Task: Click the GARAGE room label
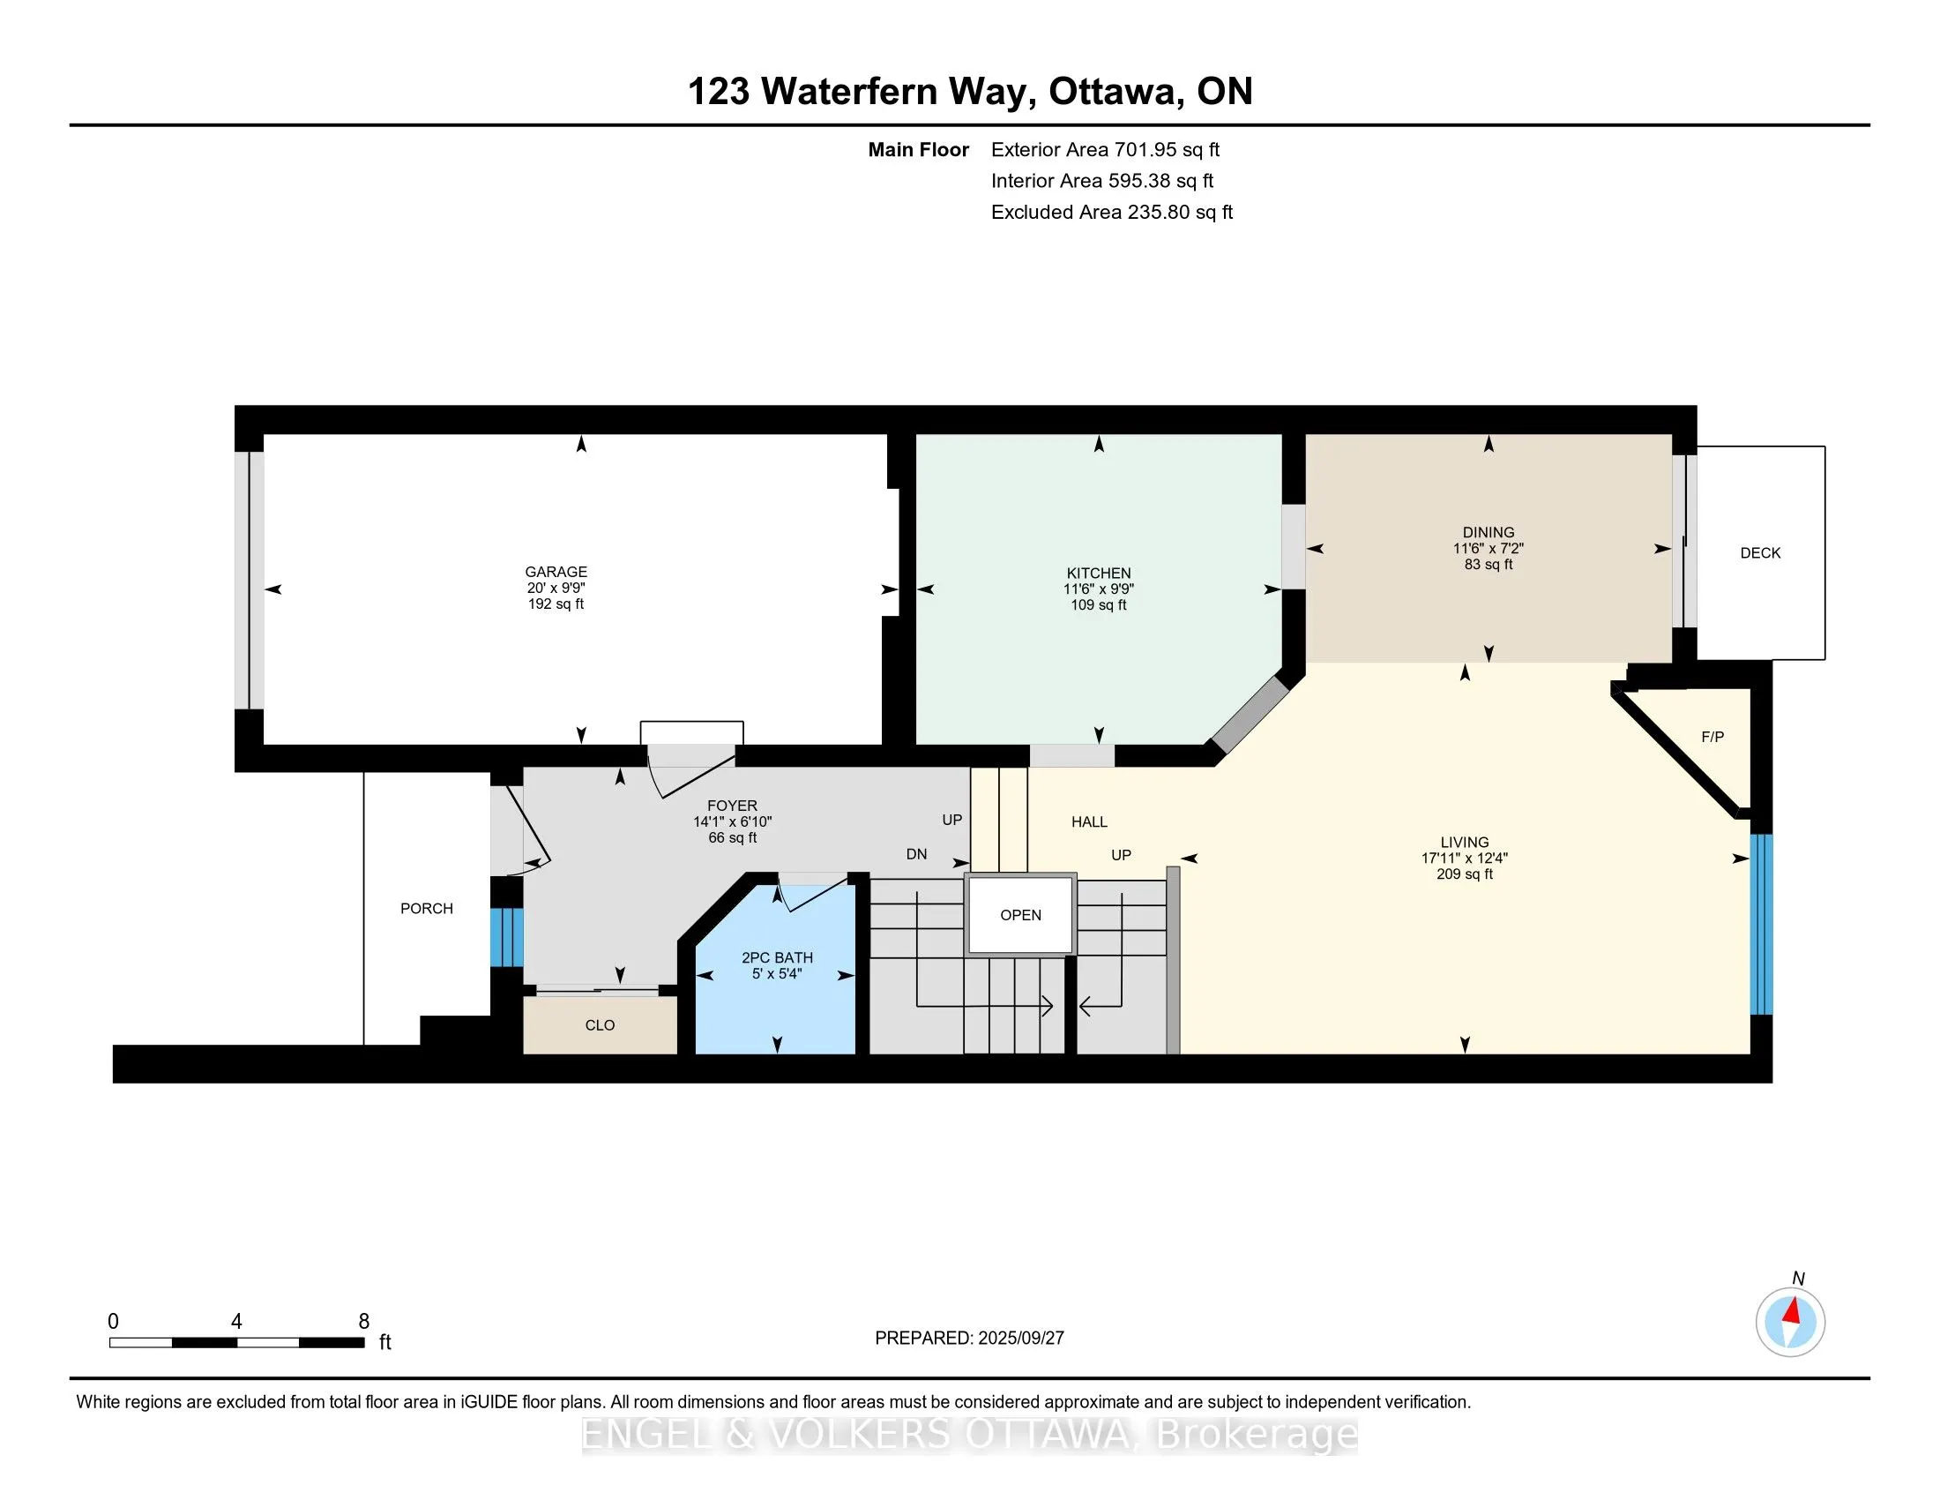coord(556,573)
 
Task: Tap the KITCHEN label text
coord(1099,574)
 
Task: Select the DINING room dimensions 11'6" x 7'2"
coord(1489,549)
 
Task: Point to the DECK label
coord(1761,552)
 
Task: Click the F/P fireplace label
coord(1712,737)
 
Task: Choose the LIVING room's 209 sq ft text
coord(1465,874)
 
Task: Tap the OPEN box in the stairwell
coord(1020,915)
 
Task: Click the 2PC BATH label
coord(777,958)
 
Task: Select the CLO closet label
coord(600,1025)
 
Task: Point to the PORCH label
coord(427,908)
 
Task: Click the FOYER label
coord(733,806)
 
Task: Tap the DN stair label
coord(917,854)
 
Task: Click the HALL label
coord(1089,822)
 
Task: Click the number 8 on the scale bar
coord(363,1322)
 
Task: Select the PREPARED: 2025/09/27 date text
coord(969,1339)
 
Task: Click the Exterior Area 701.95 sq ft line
coord(1105,150)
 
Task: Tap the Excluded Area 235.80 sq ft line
coord(1112,213)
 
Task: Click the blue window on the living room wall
coord(1762,924)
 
